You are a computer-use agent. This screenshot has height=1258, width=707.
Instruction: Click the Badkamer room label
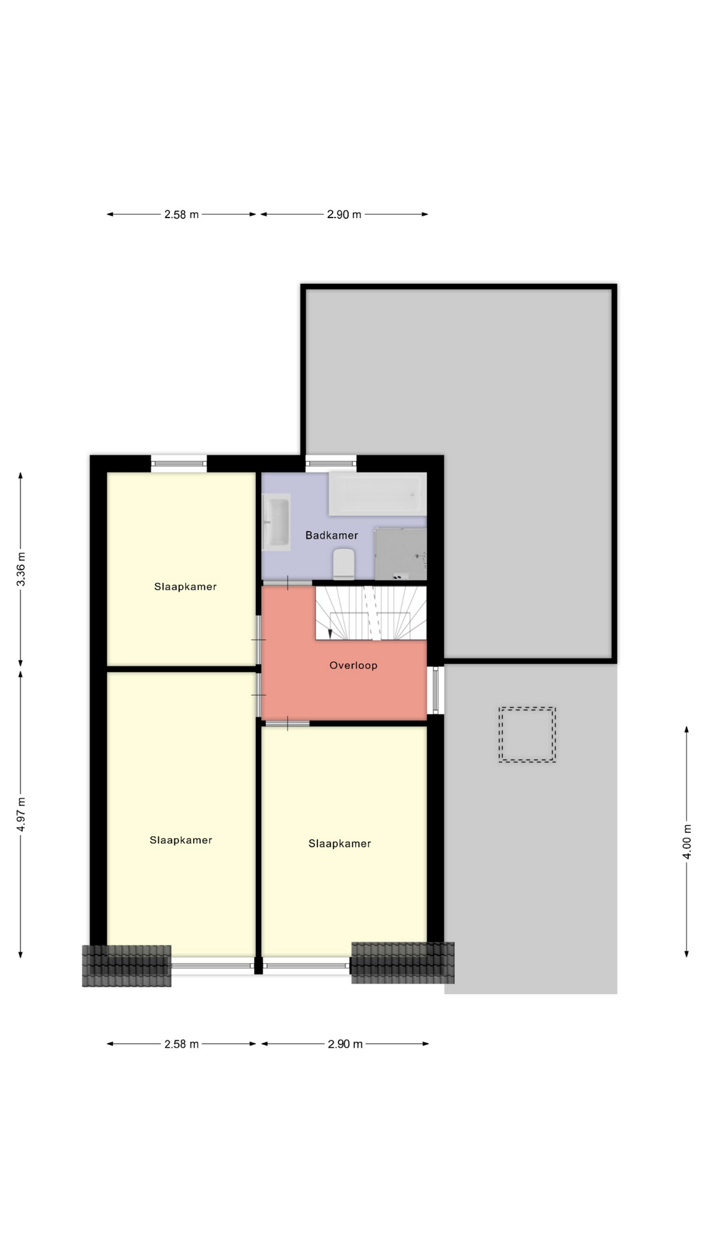[x=331, y=535]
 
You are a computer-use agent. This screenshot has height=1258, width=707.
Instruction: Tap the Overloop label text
[x=353, y=666]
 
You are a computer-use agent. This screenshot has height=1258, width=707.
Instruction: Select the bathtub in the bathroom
[x=377, y=493]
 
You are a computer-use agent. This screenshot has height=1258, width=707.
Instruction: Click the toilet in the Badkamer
[x=344, y=564]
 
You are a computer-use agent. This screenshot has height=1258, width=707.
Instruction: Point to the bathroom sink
[x=276, y=522]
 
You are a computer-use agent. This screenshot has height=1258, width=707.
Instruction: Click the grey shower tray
[x=401, y=554]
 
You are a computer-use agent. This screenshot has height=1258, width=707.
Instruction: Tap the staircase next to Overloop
[x=371, y=613]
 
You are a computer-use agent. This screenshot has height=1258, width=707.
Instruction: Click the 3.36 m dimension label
[x=21, y=569]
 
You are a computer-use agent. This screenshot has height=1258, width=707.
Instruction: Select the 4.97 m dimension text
[x=21, y=814]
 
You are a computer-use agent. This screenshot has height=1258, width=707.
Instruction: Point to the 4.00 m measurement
[x=687, y=841]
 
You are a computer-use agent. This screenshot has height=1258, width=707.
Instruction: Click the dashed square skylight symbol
[x=527, y=734]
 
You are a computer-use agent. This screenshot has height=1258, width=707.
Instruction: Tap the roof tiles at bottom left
[x=126, y=966]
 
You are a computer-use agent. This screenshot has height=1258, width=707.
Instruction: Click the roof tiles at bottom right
[x=403, y=963]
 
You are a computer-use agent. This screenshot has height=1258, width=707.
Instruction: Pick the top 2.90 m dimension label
[x=344, y=214]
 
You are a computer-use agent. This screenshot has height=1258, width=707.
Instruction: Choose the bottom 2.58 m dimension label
[x=181, y=1044]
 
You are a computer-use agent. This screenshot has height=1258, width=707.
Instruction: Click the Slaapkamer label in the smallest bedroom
[x=185, y=586]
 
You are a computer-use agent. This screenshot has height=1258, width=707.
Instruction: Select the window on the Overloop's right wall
[x=436, y=690]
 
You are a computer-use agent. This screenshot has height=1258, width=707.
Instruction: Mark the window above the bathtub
[x=331, y=463]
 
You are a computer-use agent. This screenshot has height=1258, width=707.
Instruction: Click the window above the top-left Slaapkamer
[x=179, y=463]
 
